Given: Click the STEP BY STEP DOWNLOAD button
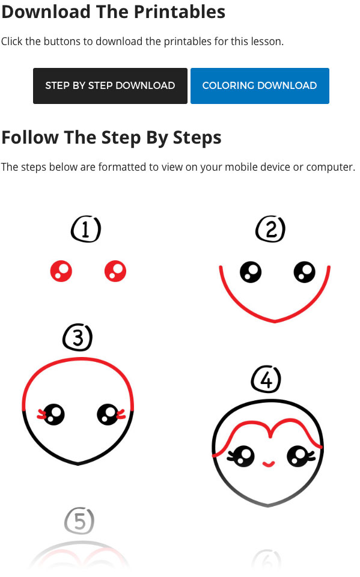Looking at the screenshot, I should [110, 86].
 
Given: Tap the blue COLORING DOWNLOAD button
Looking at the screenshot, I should [260, 86].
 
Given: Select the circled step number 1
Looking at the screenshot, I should [86, 230].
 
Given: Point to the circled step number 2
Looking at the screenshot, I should [270, 230].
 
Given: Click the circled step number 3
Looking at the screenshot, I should [78, 338].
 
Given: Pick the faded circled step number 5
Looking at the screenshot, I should [79, 521].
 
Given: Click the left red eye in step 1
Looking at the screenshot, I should [61, 272].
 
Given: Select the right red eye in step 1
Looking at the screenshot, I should [115, 272].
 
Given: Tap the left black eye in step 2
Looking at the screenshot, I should [250, 272].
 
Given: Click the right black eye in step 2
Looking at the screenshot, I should [305, 272].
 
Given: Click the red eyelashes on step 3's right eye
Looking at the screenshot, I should [120, 414].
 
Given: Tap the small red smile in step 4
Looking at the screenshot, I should [269, 463].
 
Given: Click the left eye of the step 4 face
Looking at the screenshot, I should [241, 456].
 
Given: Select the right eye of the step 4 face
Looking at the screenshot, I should [297, 456].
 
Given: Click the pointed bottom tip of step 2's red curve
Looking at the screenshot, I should [275, 322].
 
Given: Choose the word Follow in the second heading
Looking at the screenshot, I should [30, 138].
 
